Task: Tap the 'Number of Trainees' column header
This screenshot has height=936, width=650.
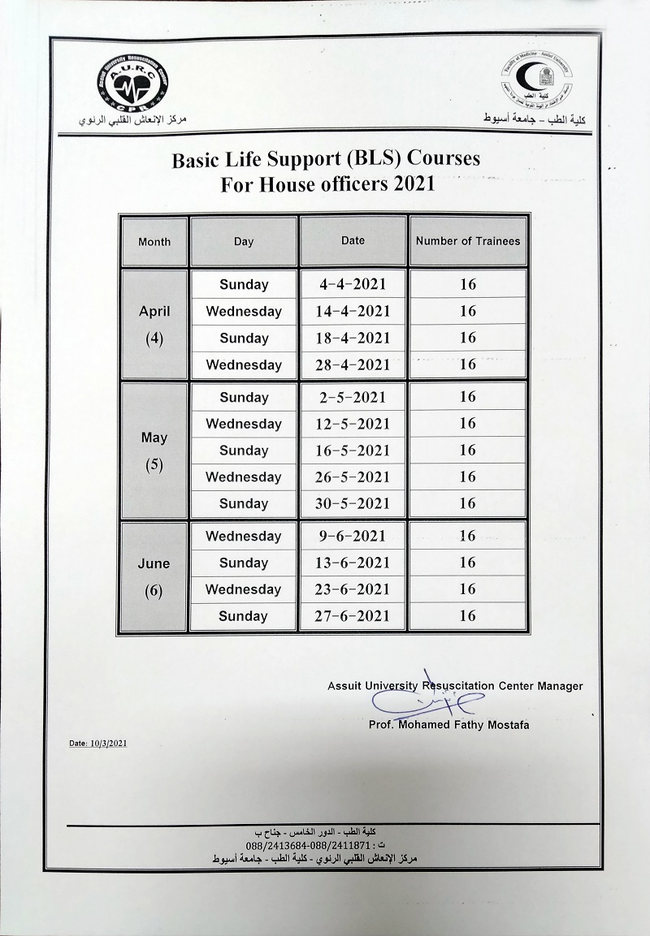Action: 467,241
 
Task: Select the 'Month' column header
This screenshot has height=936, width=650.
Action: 154,242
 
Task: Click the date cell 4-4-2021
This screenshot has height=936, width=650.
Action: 353,285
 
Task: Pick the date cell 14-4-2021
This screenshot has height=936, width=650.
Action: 353,311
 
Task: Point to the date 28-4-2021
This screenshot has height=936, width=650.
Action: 353,364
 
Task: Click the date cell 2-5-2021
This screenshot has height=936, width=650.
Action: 353,397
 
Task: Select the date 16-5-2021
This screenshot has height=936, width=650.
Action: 353,451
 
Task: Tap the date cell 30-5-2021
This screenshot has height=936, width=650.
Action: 353,503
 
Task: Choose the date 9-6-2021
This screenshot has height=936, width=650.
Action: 353,536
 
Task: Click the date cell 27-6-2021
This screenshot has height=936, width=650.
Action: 353,616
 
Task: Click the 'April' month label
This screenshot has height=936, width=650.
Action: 154,312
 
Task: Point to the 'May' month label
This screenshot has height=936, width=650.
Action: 154,438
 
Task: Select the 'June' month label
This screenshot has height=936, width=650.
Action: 154,563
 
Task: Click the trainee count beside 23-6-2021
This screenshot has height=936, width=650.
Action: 467,589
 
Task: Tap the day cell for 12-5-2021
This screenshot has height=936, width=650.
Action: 244,424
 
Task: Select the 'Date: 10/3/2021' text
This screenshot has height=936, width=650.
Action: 97,743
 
